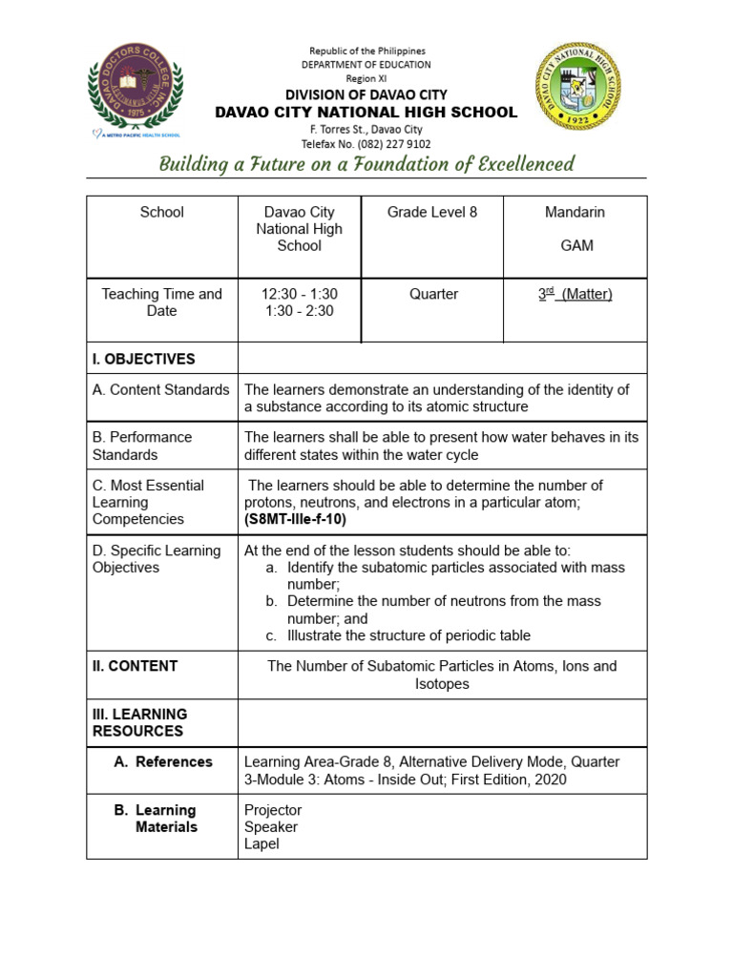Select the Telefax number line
pyautogui.click(x=366, y=144)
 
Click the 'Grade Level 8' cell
pyautogui.click(x=432, y=212)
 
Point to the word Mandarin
pyautogui.click(x=576, y=212)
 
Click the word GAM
pyautogui.click(x=576, y=245)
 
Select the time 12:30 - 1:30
pyautogui.click(x=299, y=294)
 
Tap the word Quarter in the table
pyautogui.click(x=433, y=294)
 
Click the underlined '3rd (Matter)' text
pyautogui.click(x=576, y=294)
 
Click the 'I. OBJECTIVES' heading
pyautogui.click(x=144, y=359)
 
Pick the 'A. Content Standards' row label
pyautogui.click(x=161, y=389)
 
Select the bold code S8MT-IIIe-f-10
pyautogui.click(x=296, y=520)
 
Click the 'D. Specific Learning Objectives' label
pyautogui.click(x=157, y=559)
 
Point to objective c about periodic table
pyautogui.click(x=408, y=635)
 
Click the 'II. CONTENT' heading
pyautogui.click(x=135, y=666)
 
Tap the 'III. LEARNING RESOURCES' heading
pyautogui.click(x=140, y=722)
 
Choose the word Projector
pyautogui.click(x=273, y=810)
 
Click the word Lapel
pyautogui.click(x=262, y=843)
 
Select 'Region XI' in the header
pyautogui.click(x=366, y=79)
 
